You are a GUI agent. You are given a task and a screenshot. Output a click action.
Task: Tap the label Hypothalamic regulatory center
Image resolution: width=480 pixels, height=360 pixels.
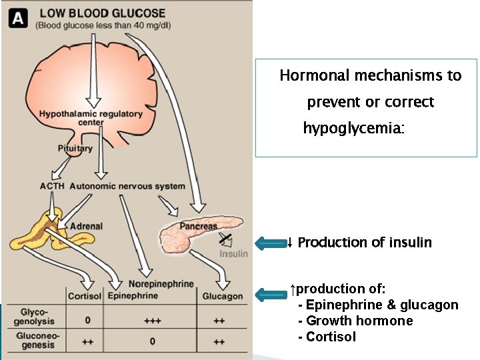(x=91, y=117)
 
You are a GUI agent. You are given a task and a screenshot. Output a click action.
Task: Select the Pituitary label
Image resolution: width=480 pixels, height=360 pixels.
(x=75, y=149)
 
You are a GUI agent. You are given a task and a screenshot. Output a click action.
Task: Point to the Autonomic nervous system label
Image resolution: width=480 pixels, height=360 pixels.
(x=127, y=186)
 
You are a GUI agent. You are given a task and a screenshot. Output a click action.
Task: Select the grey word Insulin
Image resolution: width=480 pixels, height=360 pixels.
(x=233, y=254)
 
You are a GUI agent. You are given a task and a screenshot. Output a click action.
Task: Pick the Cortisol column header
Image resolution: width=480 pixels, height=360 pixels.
(x=85, y=296)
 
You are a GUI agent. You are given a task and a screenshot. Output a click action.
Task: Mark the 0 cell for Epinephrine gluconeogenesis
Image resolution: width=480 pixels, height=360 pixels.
(x=153, y=342)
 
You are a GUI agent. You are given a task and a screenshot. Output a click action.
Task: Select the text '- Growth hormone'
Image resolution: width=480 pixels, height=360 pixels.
(x=355, y=321)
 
